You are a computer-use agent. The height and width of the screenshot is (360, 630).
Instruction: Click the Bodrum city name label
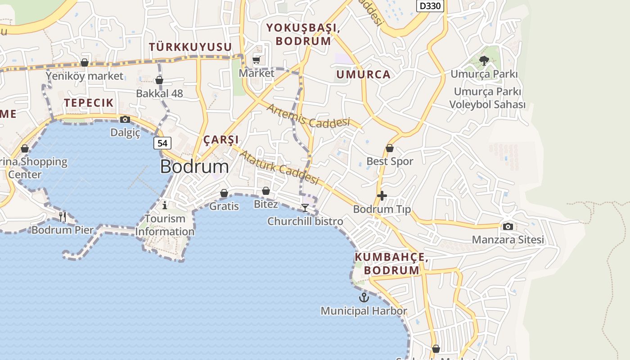pos(194,166)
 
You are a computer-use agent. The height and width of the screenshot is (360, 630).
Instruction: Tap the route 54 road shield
pos(162,143)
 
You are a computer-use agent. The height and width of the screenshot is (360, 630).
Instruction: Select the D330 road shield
pos(430,6)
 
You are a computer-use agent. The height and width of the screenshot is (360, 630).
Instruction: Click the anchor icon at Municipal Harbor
pos(364,297)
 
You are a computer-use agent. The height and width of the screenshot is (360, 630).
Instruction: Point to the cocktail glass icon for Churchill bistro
pos(305,207)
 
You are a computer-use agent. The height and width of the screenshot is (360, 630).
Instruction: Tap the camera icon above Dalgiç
pos(125,119)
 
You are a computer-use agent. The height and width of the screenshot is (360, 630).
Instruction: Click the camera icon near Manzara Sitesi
pos(508,226)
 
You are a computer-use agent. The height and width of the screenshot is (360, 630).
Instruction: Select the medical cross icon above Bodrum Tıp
pos(382,196)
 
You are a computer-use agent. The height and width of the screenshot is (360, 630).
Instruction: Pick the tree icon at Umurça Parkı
pos(484,60)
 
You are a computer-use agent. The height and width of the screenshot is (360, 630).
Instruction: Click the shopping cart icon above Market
pos(256,60)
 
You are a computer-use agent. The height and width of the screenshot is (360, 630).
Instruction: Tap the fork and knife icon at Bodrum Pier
pos(63,217)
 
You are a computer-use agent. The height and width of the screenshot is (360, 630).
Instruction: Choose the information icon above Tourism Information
pos(165,205)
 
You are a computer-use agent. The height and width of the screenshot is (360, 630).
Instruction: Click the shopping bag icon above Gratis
pos(224,193)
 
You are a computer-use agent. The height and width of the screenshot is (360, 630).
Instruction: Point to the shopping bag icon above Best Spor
pos(390,148)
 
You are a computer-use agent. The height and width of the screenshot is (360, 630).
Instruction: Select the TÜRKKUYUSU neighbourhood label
pos(190,47)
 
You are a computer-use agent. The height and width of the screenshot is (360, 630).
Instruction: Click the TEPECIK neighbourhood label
pos(89,103)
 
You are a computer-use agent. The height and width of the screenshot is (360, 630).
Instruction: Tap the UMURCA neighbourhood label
pos(363,75)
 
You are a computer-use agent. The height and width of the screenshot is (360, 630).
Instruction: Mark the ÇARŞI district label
pos(221,139)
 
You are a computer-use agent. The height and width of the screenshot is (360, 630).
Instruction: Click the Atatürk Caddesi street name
pos(279,167)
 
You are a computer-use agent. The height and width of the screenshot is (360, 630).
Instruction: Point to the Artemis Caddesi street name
pos(308,115)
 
